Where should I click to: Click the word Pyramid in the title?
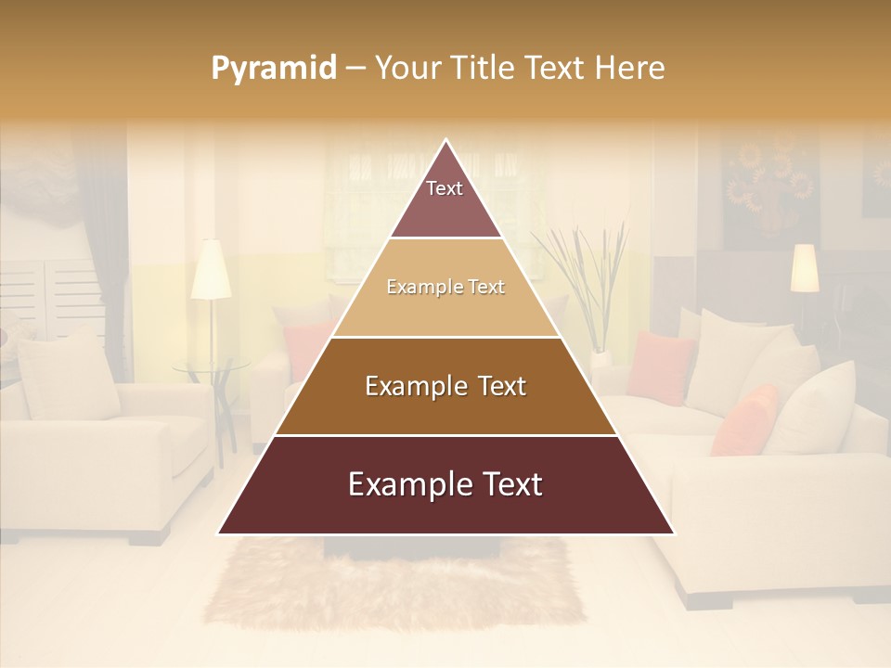pos(273,69)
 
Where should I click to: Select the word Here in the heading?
pos(629,69)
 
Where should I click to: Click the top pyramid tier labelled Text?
pos(445,199)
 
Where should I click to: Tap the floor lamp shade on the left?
pos(211,271)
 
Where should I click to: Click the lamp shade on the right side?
pos(805,267)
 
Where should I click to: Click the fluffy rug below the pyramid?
pos(399,584)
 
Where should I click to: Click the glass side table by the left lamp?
pos(212,366)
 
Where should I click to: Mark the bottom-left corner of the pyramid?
pos(218,533)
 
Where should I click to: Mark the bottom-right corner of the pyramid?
pos(674,533)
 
